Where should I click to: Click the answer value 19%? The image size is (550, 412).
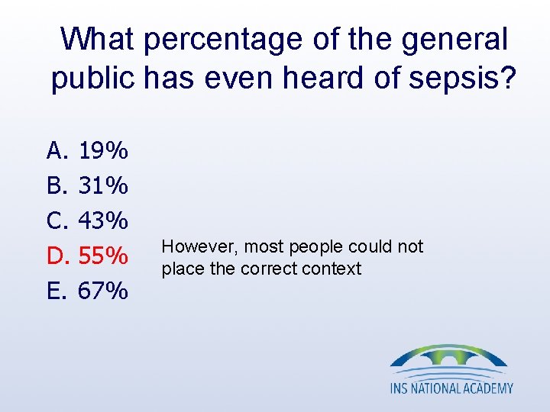coord(103,151)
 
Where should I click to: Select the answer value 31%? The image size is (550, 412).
coord(103,186)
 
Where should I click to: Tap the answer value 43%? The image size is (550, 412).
coord(103,221)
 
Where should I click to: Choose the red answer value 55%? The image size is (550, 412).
coord(103,256)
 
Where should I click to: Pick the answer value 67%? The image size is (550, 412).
coord(103,291)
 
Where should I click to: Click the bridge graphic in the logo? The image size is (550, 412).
coord(448,359)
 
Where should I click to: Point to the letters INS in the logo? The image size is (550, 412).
coord(400,388)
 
